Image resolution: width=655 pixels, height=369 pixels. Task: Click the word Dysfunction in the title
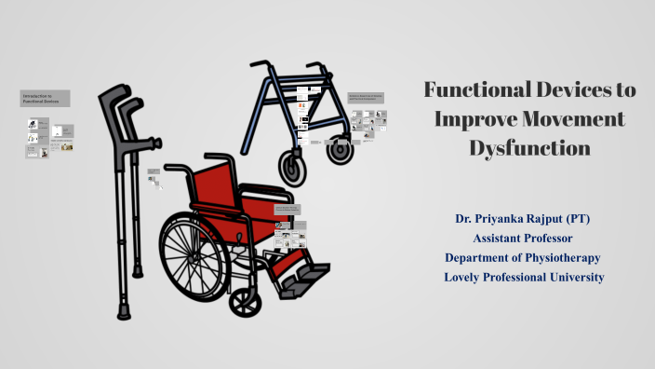pyautogui.click(x=530, y=148)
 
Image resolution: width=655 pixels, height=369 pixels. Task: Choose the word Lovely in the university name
pyautogui.click(x=464, y=278)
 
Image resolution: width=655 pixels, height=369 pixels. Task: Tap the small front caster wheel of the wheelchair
pyautogui.click(x=245, y=300)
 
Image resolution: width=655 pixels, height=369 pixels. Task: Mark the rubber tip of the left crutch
pyautogui.click(x=123, y=311)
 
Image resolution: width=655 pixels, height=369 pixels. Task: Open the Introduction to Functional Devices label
pyautogui.click(x=44, y=98)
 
